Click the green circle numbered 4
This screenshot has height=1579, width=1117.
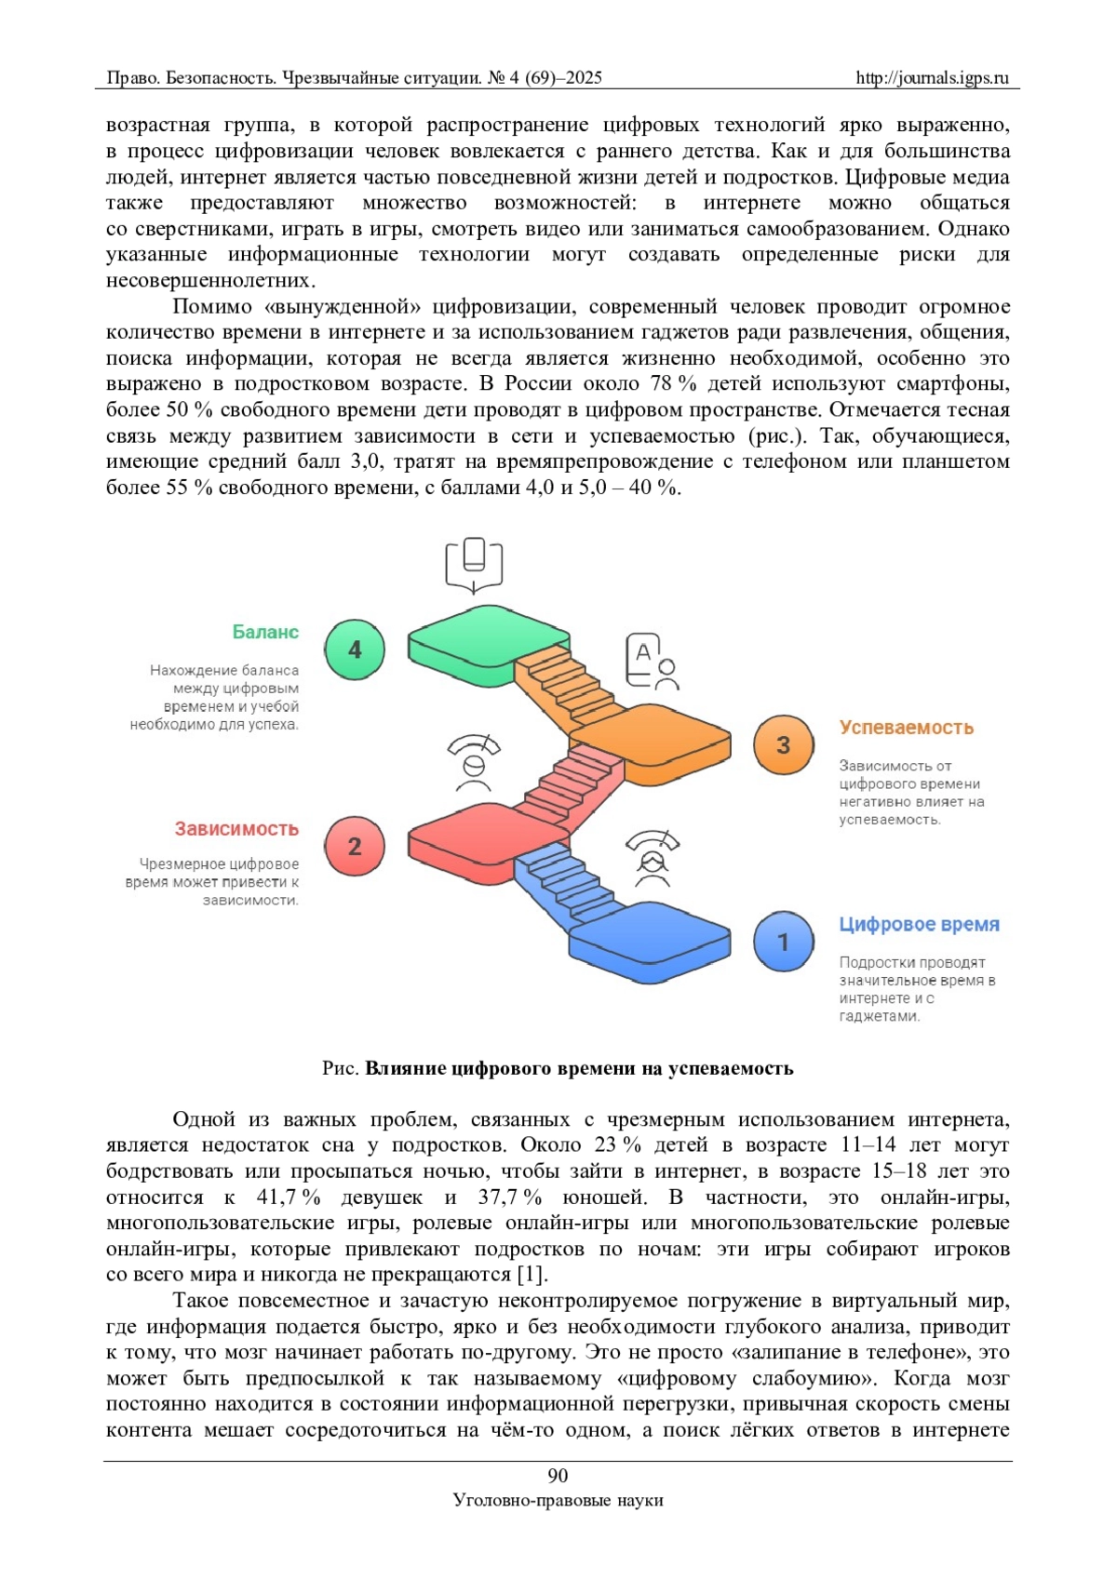(x=355, y=649)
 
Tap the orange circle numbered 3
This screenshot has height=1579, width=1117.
(x=783, y=744)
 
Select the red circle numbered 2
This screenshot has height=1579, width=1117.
(x=355, y=846)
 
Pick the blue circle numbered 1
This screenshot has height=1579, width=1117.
(x=783, y=942)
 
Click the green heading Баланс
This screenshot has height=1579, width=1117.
(x=265, y=632)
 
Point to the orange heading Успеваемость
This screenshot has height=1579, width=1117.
(x=906, y=728)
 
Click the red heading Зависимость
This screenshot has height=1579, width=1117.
(x=236, y=828)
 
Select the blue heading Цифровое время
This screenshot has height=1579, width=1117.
(x=919, y=924)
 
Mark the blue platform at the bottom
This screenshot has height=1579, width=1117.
(x=652, y=935)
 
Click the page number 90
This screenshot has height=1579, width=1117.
(x=558, y=1475)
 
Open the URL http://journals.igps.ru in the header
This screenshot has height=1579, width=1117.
(x=932, y=78)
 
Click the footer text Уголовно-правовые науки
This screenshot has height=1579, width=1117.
(x=558, y=1500)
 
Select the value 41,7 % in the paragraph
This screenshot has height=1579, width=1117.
(x=288, y=1197)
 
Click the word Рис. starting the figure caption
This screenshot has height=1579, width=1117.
(x=340, y=1068)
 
